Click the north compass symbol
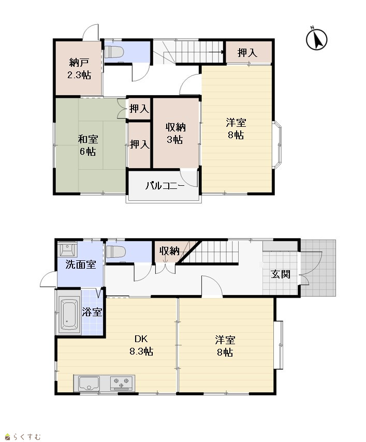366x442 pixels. point(317,39)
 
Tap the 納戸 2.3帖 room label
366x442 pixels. point(79,69)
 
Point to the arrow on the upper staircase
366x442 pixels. point(216,52)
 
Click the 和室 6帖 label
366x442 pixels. point(87,145)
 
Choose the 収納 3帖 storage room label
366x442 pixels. point(175,134)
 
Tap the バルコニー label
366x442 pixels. point(165,186)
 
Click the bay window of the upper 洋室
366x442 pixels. point(277,145)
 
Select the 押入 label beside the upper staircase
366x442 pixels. point(247,53)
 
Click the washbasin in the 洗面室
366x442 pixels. point(67,249)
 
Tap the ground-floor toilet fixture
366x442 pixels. point(115,251)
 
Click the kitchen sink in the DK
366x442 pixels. point(89,384)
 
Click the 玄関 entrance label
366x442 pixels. point(281,274)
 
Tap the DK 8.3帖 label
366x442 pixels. point(141,345)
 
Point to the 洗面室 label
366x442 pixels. point(81,264)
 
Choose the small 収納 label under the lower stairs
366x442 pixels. point(169,251)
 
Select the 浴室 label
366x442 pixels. point(92,312)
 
